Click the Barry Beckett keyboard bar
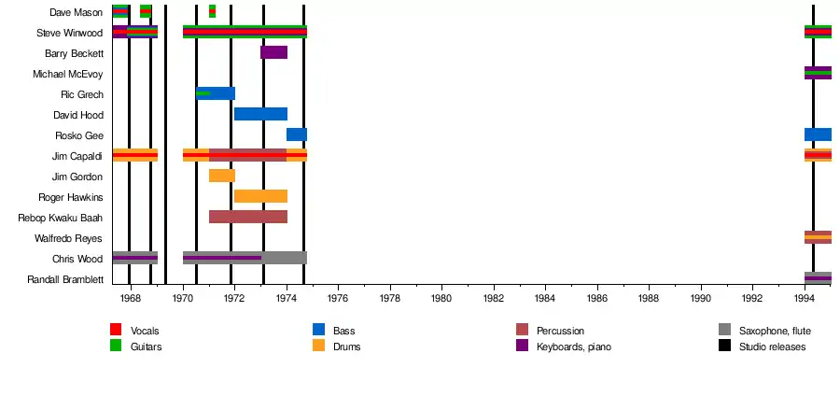[273, 52]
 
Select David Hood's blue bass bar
[260, 114]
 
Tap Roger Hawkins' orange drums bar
[260, 196]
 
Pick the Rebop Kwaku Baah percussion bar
[247, 217]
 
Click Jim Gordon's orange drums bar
[222, 176]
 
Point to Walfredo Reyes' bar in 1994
[818, 237]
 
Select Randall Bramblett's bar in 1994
[818, 278]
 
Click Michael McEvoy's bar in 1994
[818, 73]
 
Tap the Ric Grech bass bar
[216, 93]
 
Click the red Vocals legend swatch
[116, 330]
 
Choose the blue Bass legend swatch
[318, 330]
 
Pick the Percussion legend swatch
[522, 330]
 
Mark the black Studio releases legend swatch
[724, 346]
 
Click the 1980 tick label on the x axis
[441, 299]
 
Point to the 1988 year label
[649, 299]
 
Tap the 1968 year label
[131, 299]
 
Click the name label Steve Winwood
[70, 33]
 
